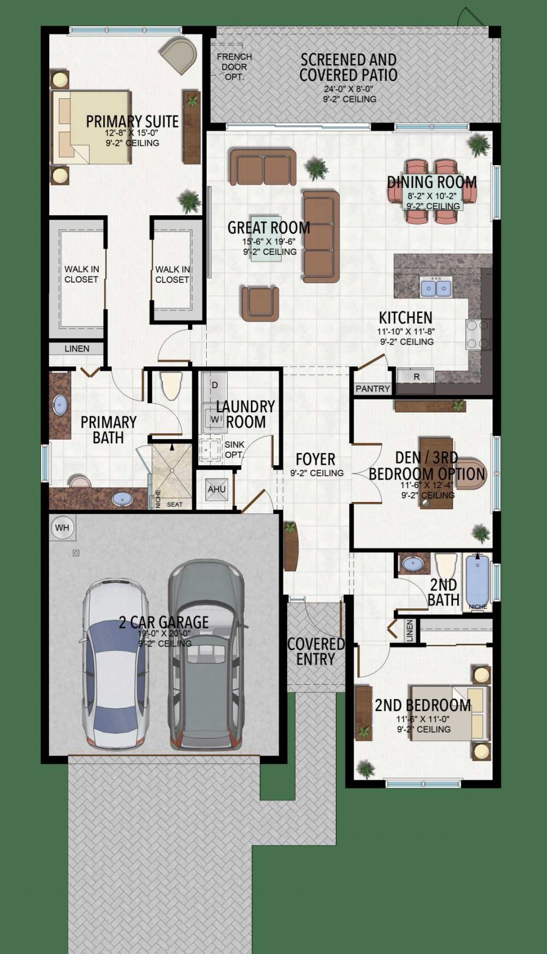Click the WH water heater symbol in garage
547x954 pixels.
62,528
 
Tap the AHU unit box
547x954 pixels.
216,489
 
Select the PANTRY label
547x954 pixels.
372,388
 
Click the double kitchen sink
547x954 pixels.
436,288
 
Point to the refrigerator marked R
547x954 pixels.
416,376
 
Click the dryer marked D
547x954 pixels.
215,385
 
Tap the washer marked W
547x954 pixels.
215,419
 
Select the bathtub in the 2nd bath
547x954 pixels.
478,581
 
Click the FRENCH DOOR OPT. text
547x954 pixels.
235,67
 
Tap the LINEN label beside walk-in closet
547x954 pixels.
77,348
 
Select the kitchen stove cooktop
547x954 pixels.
479,334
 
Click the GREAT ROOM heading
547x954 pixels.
269,228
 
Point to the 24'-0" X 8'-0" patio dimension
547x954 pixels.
348,89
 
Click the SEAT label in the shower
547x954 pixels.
175,504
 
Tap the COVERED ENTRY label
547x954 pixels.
316,651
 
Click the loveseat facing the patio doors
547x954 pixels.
263,167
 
